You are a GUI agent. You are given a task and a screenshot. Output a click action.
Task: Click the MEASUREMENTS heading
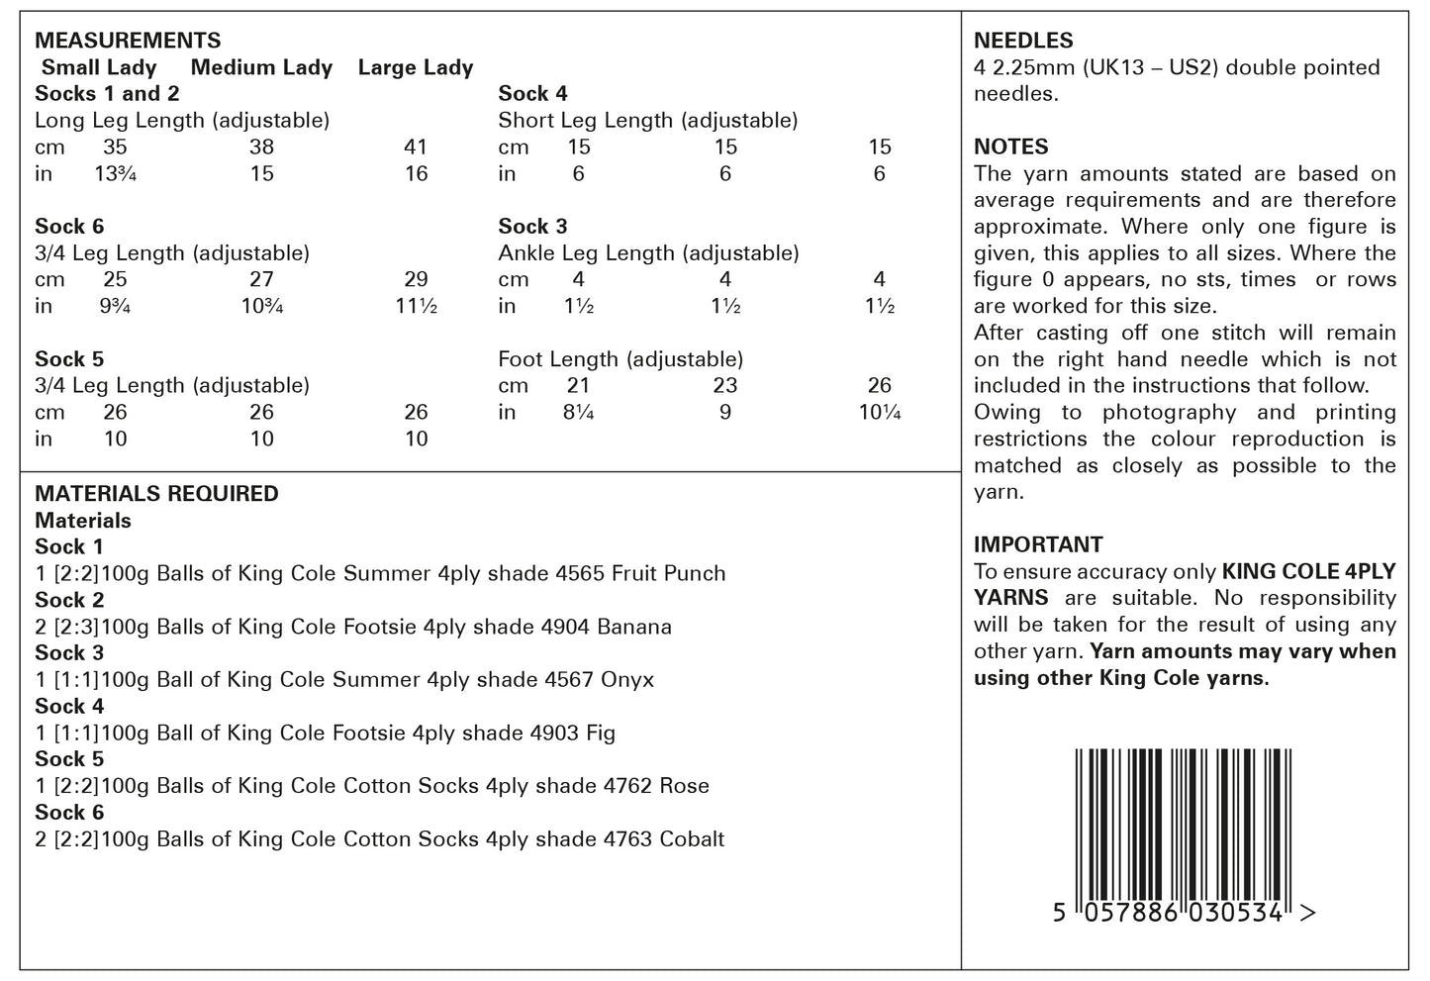pyautogui.click(x=128, y=41)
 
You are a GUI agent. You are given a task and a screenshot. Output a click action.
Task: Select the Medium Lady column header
pyautogui.click(x=261, y=67)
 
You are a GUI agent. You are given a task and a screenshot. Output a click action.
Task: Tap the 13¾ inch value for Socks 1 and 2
pyautogui.click(x=115, y=174)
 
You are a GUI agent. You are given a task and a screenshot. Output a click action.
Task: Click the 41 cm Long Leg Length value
pyautogui.click(x=416, y=147)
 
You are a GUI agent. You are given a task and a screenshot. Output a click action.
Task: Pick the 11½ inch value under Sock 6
pyautogui.click(x=417, y=307)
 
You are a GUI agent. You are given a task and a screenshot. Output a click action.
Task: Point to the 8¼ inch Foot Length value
pyautogui.click(x=578, y=413)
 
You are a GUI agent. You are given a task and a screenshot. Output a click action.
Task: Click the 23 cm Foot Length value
pyautogui.click(x=725, y=386)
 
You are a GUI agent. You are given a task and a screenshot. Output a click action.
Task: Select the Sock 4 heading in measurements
pyautogui.click(x=532, y=94)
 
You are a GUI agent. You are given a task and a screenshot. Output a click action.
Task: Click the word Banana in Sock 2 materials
pyautogui.click(x=634, y=627)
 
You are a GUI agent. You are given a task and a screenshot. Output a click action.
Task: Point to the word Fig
pyautogui.click(x=601, y=734)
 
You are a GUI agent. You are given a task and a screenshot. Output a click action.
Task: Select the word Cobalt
pyautogui.click(x=692, y=839)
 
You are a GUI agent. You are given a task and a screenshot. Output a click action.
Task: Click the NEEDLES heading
pyautogui.click(x=1023, y=41)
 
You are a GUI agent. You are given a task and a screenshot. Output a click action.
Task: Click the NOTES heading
pyautogui.click(x=1010, y=147)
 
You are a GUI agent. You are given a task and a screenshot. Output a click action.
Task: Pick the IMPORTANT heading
pyautogui.click(x=1038, y=544)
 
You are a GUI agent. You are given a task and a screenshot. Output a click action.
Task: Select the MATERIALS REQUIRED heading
pyautogui.click(x=156, y=493)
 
